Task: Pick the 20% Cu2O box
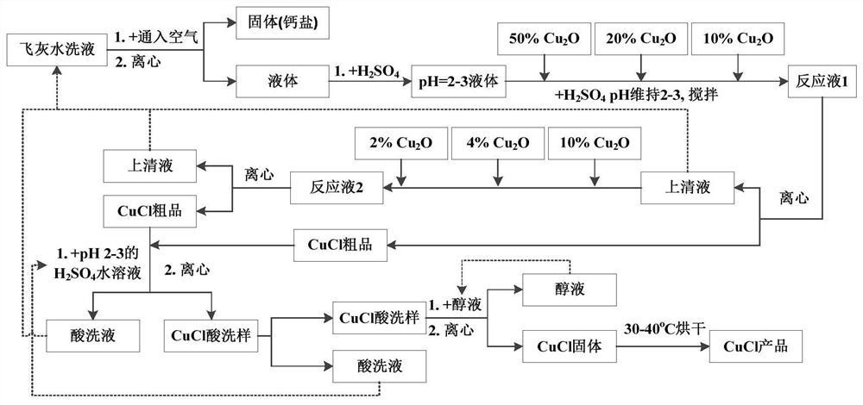pos(639,40)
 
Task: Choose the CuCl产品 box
pos(749,346)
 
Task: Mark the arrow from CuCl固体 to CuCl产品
pos(660,346)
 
